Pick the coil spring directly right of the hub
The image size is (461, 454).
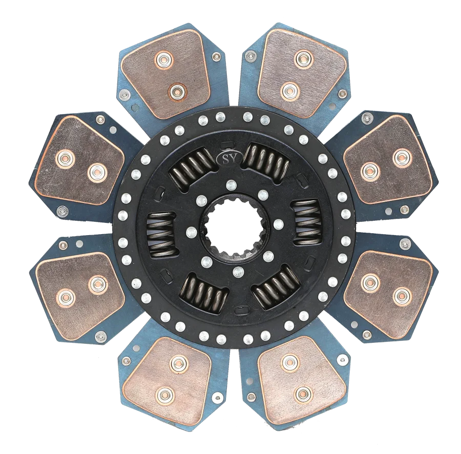coord(307,222)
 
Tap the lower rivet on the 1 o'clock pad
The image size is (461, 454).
coord(289,92)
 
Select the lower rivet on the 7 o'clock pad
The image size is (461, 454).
coord(163,394)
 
